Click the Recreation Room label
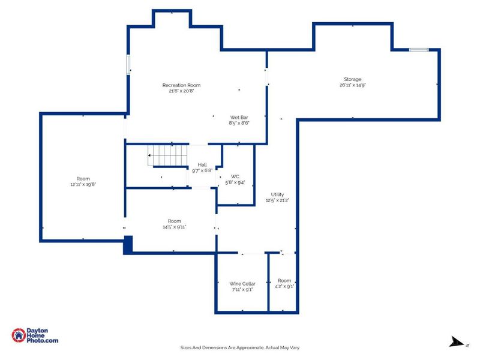tap(181, 85)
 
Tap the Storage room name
tap(352, 79)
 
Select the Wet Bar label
tap(239, 117)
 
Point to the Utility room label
tap(277, 194)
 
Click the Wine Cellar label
tap(242, 283)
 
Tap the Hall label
tap(202, 164)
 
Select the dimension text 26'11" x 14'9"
tap(352, 85)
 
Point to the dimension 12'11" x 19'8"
tap(83, 185)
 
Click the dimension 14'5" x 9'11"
tap(174, 227)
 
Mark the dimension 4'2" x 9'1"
tap(284, 287)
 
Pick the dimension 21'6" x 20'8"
tap(181, 91)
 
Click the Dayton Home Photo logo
tap(35, 335)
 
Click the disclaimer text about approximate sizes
tap(240, 347)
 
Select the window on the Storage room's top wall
tap(418, 50)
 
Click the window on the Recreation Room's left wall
tap(128, 65)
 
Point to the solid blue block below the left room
tap(128, 245)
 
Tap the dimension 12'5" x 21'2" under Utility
tap(277, 200)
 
